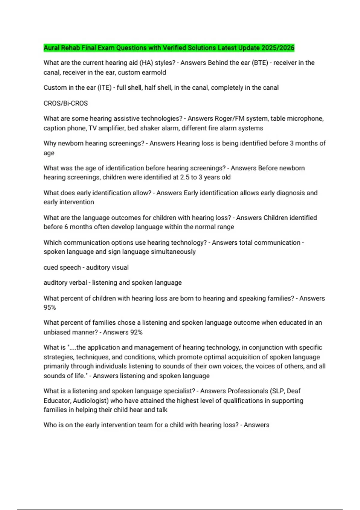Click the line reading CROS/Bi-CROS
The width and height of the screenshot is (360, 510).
(66, 103)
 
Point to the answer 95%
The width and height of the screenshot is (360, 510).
(50, 307)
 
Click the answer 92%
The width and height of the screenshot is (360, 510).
(136, 332)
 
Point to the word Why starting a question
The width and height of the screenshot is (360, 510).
(49, 143)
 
